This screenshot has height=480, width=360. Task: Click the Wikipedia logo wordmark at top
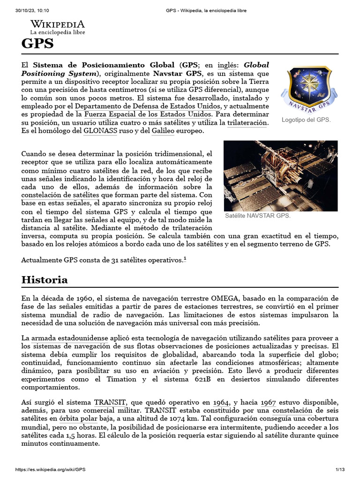58,24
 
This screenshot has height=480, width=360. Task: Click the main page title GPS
37,44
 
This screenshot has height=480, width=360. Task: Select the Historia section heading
45,280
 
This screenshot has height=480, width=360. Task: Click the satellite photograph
280,175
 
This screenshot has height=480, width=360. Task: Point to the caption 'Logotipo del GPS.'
306,120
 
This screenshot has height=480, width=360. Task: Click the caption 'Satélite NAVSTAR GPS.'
257,216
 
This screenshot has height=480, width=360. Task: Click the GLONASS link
100,131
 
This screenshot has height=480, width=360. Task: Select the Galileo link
163,131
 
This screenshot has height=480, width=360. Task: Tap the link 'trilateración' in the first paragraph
247,123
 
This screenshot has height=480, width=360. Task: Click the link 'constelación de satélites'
60,195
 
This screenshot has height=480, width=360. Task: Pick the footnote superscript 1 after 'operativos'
185,258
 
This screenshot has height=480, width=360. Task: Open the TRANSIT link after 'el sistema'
109,402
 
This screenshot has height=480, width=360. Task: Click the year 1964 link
221,402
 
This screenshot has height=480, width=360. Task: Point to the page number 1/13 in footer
340,470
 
